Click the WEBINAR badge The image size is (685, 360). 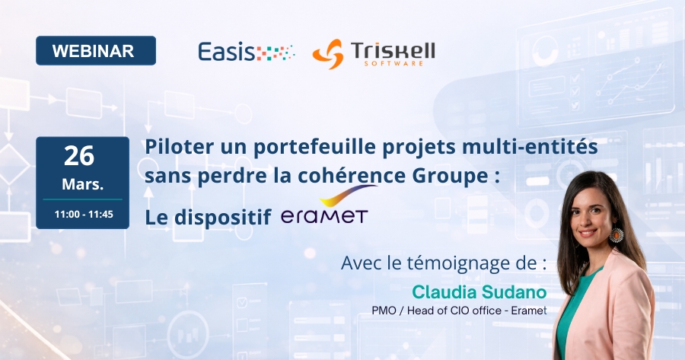[95, 51]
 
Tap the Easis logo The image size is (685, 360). [245, 52]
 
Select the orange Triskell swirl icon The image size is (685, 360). [328, 53]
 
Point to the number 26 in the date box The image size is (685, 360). [79, 156]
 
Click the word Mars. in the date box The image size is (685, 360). [83, 185]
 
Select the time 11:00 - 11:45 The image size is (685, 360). [84, 215]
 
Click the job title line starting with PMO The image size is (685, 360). [459, 311]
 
